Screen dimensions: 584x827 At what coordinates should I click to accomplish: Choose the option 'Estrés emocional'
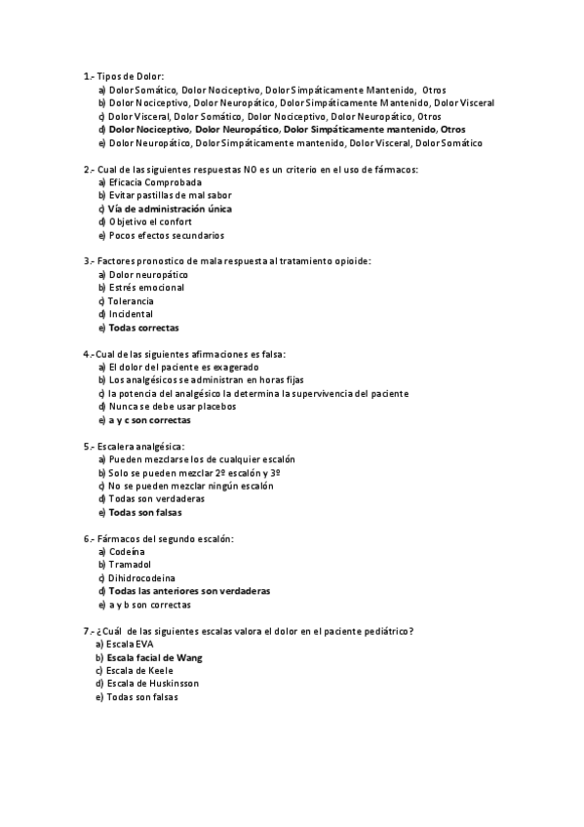coord(146,288)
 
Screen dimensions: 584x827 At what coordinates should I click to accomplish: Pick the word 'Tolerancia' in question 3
coord(136,301)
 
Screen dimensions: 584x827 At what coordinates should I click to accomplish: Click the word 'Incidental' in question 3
coord(131,314)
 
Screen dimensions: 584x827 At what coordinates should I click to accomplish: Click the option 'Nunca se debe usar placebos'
coord(172,407)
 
